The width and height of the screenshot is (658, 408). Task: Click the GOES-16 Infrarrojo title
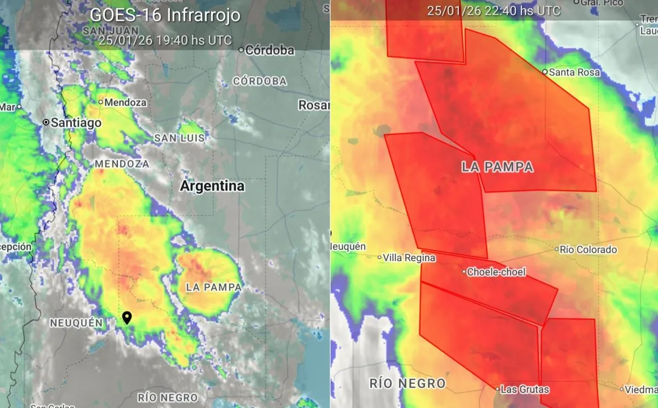tap(165, 15)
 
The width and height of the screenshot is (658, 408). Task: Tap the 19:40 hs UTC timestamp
tap(165, 40)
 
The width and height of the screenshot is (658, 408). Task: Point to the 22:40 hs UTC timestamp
tap(493, 10)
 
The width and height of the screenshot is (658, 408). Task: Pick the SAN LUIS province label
tap(179, 138)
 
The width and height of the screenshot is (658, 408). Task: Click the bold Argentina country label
tap(212, 186)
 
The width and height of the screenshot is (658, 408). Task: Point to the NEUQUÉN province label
tap(76, 323)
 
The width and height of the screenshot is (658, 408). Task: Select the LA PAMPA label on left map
tap(213, 287)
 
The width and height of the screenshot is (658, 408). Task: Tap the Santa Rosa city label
tap(574, 72)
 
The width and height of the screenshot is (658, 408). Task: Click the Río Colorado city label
tap(588, 250)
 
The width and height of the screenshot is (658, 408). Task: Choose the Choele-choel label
tap(496, 272)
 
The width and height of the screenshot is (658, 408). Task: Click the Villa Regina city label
tap(409, 257)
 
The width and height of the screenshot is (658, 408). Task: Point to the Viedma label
tap(640, 389)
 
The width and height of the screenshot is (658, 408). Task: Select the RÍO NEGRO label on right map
tap(407, 383)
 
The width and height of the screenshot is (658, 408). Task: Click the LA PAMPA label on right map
tap(497, 167)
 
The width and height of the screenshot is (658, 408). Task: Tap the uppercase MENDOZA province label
tap(122, 164)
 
